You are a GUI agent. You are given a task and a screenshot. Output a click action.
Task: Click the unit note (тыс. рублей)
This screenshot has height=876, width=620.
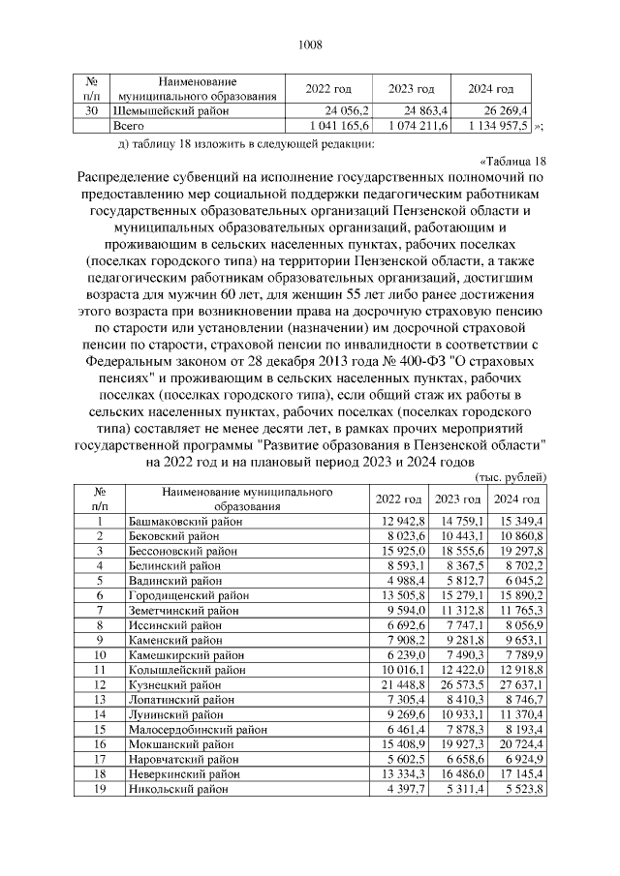click(x=511, y=477)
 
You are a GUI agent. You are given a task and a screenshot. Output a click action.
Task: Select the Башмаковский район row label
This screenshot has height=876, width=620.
click(x=185, y=522)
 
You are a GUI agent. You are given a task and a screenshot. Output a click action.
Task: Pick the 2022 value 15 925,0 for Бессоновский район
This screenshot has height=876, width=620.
click(x=396, y=551)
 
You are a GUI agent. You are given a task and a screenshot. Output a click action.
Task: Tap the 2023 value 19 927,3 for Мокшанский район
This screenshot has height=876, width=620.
click(x=455, y=745)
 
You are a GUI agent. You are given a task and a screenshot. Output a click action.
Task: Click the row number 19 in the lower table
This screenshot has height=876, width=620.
click(x=99, y=790)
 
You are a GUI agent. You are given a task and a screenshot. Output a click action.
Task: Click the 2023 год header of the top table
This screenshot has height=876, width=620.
click(x=412, y=89)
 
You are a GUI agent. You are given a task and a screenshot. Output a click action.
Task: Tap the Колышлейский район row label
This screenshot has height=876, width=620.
click(x=186, y=671)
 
